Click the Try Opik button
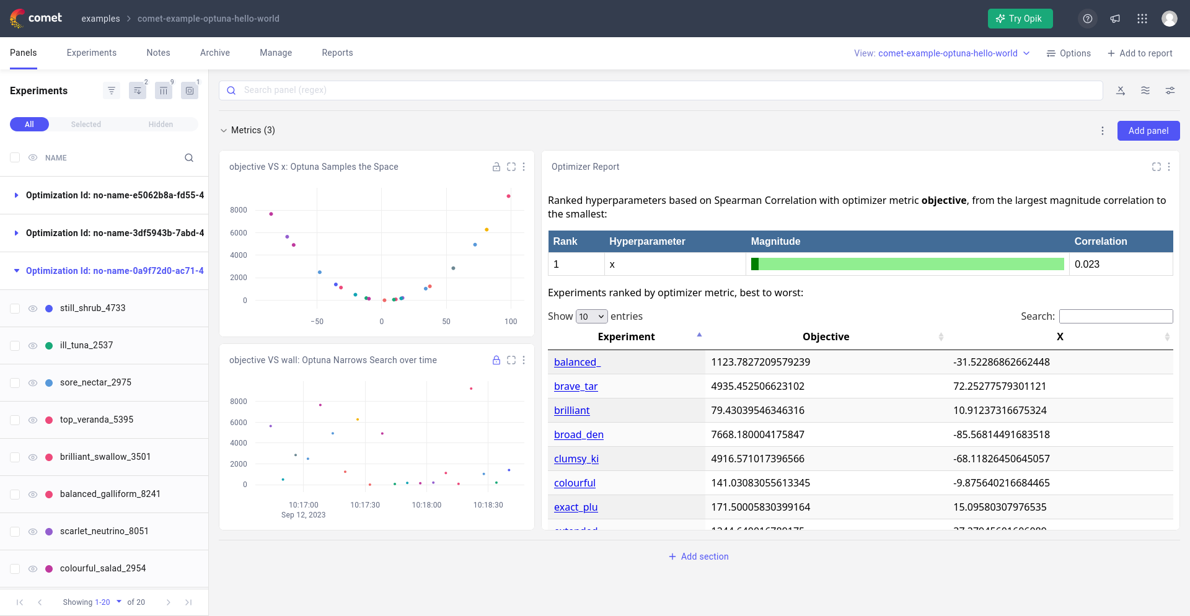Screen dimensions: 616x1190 point(1020,19)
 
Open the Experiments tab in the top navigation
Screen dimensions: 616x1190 point(91,53)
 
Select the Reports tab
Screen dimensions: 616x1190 point(337,53)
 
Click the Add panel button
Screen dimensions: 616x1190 point(1148,131)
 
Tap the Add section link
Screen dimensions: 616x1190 point(699,557)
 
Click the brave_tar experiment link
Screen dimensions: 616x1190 point(575,386)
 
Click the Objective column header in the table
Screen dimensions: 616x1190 point(825,337)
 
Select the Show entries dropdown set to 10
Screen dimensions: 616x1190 point(591,317)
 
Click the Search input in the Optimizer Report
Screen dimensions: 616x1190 point(1116,317)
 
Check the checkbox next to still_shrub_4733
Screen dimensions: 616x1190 point(15,309)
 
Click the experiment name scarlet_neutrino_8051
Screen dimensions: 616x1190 point(104,531)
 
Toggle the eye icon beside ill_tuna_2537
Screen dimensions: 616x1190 point(33,346)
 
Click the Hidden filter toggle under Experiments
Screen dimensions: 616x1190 point(161,125)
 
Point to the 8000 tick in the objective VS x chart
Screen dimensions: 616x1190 point(238,210)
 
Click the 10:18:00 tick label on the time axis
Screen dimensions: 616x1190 point(426,505)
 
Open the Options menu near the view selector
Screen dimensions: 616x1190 point(1069,53)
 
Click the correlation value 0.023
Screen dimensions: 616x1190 point(1086,264)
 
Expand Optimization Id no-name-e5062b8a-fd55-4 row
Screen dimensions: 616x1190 point(16,195)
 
